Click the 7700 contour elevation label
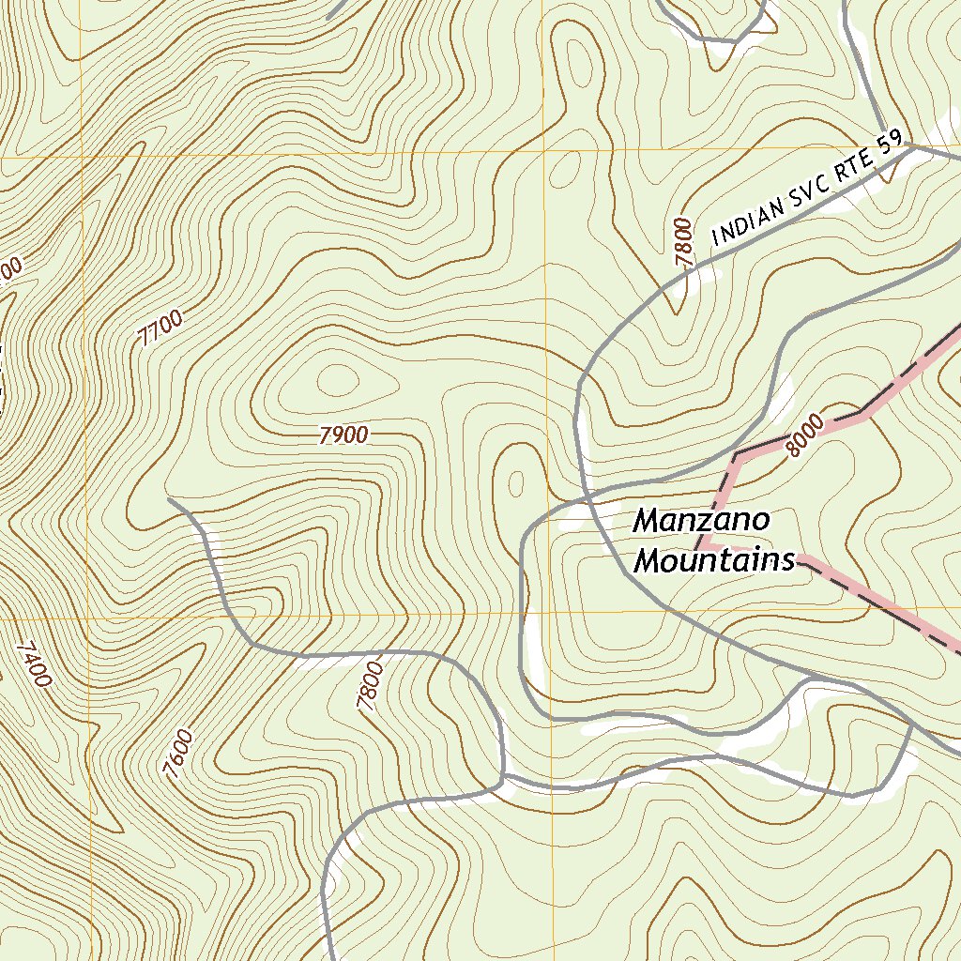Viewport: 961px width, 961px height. coord(160,329)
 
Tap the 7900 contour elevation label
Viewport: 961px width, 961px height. coord(343,435)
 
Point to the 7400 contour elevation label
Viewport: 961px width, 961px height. coord(33,664)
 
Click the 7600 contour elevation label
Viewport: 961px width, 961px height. coord(177,754)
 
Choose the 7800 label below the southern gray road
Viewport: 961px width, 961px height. coord(370,685)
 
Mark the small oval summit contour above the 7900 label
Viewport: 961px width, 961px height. coord(338,380)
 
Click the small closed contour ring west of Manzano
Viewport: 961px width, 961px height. coord(515,483)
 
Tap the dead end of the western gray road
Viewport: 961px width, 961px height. coord(169,499)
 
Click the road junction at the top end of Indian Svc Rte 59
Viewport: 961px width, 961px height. coord(911,145)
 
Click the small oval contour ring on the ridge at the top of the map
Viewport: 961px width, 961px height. coord(565,169)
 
